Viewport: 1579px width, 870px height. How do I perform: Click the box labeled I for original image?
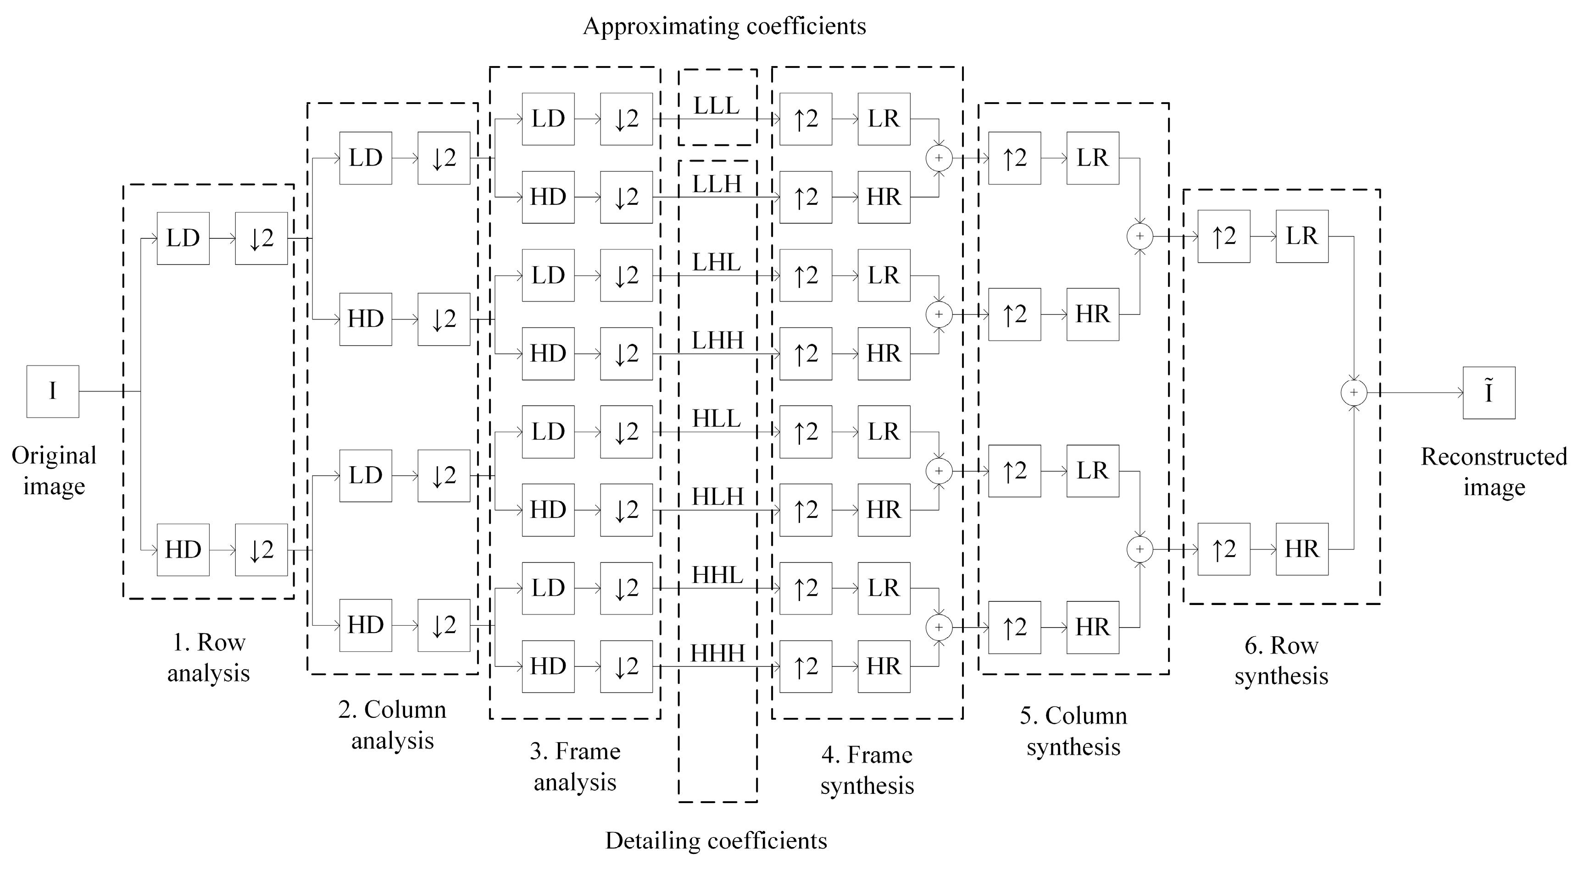tap(53, 391)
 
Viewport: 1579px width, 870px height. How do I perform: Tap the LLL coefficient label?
tap(717, 106)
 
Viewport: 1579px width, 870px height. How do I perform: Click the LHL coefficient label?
tap(717, 263)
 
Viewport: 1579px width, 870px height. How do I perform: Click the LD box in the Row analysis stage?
tap(183, 238)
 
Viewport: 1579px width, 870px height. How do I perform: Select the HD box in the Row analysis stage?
tap(183, 550)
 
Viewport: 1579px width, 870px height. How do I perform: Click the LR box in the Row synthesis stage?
tap(1302, 237)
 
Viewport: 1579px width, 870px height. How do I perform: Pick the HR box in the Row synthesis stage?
tap(1302, 549)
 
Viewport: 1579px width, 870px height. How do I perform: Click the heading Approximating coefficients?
tap(724, 26)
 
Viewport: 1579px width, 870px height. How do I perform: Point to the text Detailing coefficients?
tap(716, 841)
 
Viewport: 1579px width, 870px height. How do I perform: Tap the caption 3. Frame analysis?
tap(575, 766)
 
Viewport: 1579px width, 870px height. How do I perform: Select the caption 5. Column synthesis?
tap(1073, 731)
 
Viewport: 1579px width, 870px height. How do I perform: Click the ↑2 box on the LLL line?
tap(806, 119)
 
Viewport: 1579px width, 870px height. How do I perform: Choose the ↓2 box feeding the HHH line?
tap(626, 666)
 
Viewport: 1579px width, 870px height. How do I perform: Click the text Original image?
tap(54, 471)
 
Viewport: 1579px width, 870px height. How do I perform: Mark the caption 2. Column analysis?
tap(392, 725)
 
